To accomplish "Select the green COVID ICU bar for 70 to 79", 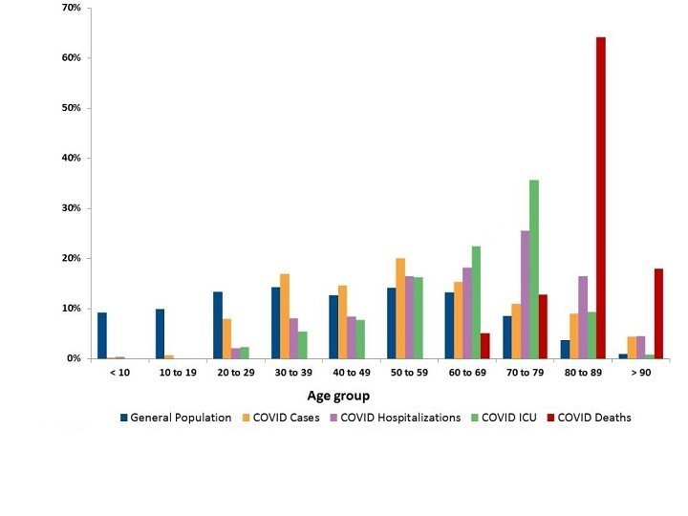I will click(533, 269).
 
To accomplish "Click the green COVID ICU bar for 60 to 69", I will click(476, 302).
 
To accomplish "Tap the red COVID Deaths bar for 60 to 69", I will click(485, 346).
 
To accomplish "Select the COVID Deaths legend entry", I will click(589, 418).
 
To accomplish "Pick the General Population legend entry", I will click(176, 418).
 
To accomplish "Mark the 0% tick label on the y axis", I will click(74, 358).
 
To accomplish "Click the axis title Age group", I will click(338, 396).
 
